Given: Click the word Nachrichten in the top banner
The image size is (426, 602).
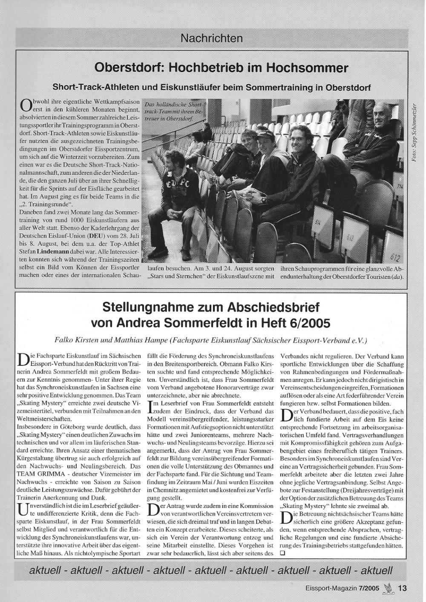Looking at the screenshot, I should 212,38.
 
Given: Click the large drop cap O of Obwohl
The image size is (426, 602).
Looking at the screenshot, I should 26,105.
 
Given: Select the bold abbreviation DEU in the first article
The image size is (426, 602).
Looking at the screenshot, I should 94,236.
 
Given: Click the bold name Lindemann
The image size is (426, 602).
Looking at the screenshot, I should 55,252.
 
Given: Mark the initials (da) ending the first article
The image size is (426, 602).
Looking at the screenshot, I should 397,278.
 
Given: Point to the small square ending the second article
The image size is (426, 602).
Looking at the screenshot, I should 282,553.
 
